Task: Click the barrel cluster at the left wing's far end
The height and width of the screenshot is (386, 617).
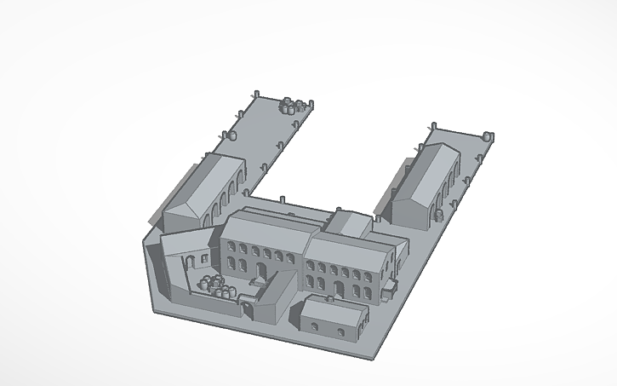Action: (293, 106)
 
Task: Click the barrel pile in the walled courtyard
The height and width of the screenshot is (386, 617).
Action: (215, 286)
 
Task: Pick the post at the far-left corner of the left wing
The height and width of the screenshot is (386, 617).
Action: (257, 92)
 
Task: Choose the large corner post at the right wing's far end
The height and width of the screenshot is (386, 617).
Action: (488, 135)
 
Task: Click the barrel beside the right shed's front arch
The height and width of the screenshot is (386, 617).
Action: (438, 215)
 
